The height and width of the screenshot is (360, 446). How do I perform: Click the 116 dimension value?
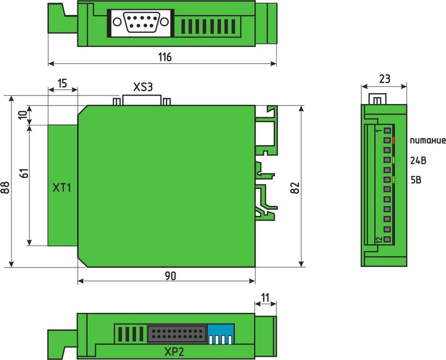[165, 57]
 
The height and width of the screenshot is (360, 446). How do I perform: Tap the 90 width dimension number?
[170, 275]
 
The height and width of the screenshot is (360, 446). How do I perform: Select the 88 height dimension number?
[5, 187]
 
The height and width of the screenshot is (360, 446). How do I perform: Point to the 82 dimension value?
[295, 188]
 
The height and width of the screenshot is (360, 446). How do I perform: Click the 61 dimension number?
[25, 173]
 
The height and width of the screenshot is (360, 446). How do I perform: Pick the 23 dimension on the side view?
[384, 79]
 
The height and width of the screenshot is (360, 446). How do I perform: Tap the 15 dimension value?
[62, 84]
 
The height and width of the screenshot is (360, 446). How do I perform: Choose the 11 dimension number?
[265, 298]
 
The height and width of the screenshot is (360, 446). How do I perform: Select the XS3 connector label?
[143, 87]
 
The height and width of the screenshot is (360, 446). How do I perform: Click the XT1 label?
[62, 188]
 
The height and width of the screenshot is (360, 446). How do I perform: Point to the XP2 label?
[174, 352]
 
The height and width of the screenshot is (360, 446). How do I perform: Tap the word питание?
[428, 141]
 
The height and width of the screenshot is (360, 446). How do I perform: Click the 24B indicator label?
[418, 161]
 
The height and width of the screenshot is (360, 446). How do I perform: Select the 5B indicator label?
[416, 180]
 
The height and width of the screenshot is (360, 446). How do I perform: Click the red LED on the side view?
[393, 141]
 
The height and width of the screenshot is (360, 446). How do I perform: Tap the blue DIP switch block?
[221, 334]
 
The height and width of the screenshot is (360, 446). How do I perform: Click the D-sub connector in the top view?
[141, 22]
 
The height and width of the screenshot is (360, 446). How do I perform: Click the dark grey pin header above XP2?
[177, 334]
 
